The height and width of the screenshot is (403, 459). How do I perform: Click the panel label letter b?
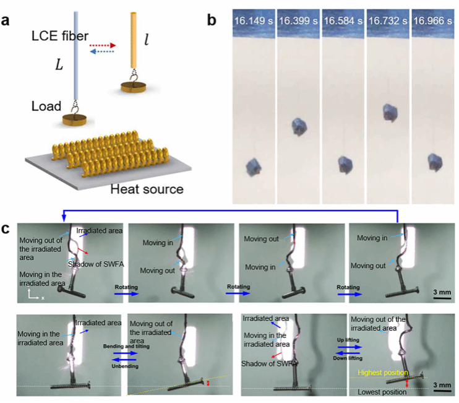click(212, 20)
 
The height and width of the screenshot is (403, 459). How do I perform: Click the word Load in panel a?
click(46, 106)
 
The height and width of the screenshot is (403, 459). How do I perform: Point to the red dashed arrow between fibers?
click(103, 45)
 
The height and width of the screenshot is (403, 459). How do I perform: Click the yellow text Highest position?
click(380, 373)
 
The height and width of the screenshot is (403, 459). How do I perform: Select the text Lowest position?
click(382, 392)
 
